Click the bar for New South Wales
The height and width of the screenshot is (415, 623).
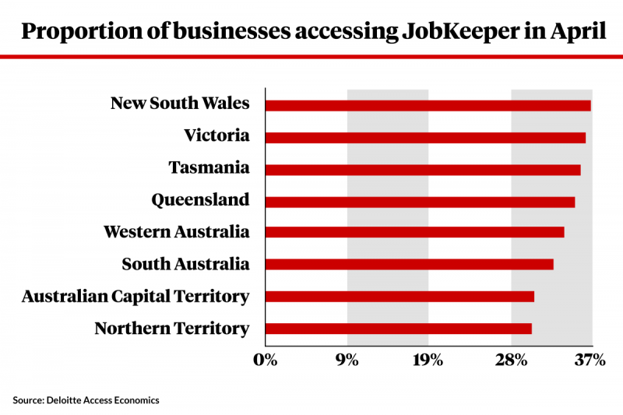coord(428,105)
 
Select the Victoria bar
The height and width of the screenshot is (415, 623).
coord(425,137)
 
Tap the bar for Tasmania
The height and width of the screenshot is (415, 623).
coord(423,169)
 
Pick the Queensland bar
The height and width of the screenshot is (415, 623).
coord(420,201)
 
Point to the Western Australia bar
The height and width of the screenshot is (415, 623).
coord(414,232)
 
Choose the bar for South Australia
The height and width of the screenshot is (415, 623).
coord(409,264)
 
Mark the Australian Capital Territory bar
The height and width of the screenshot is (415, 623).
coord(399,296)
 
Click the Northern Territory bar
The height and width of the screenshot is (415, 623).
coord(398,328)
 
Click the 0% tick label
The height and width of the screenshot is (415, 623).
coord(266,360)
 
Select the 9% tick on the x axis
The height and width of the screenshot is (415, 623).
coord(347,360)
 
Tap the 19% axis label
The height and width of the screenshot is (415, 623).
coord(428,360)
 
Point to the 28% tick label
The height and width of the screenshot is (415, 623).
coord(511,360)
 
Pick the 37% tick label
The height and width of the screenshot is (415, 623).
coord(590,360)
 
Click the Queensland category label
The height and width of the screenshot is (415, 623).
coord(200,200)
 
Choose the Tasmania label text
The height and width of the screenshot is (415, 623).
coord(209,168)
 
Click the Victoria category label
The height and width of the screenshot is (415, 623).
coord(216,136)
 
